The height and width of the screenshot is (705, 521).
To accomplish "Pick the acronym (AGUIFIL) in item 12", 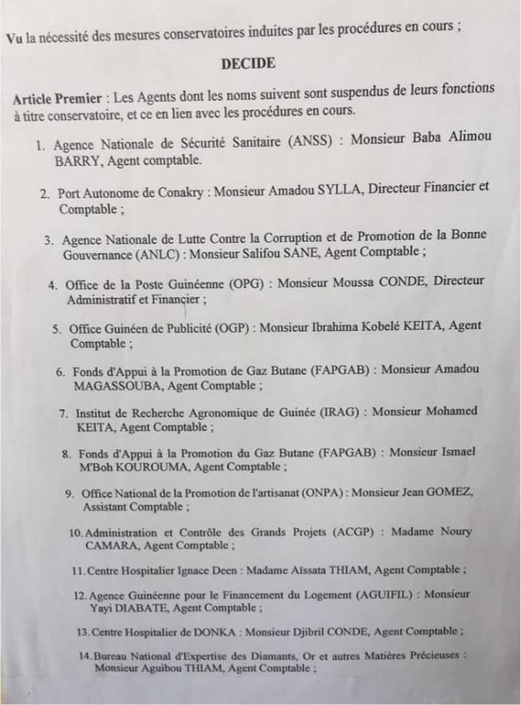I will [388, 595].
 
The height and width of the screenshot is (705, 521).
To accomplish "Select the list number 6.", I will [61, 372].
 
